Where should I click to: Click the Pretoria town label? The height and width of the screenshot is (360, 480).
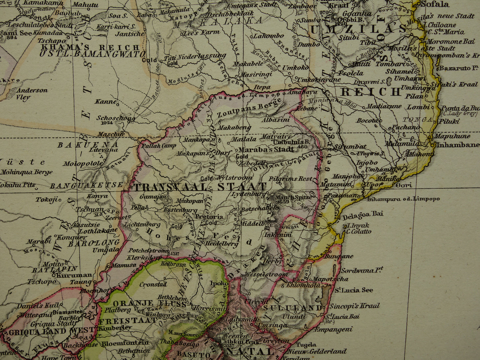pos(209,217)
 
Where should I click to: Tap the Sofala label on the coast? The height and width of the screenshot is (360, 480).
pos(434,4)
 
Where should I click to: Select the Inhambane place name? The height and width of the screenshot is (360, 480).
pos(457,144)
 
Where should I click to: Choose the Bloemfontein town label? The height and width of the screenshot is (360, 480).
pos(125,343)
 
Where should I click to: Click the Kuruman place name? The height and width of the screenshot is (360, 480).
pos(74,275)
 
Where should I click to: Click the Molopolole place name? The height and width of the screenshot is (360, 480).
pos(83,163)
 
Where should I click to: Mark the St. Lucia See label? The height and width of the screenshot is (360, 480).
pos(353,290)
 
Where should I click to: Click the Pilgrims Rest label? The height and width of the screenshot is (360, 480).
pos(291,179)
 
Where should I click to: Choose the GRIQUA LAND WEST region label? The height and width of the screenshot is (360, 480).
pos(52,330)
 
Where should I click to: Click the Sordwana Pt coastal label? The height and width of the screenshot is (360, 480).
pos(362,270)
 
